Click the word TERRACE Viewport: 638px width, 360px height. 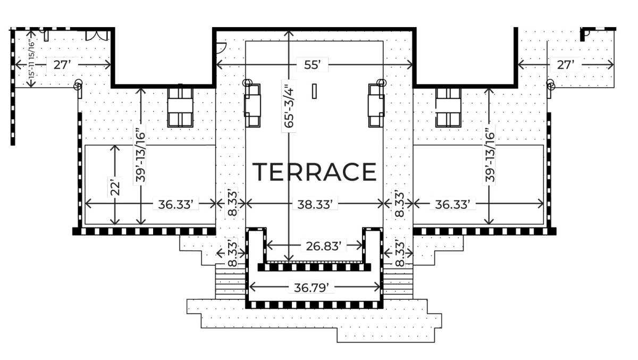click(x=314, y=172)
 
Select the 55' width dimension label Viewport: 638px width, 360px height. click(x=313, y=65)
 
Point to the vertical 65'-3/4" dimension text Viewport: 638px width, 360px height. click(x=289, y=106)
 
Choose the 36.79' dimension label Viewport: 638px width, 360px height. click(x=315, y=288)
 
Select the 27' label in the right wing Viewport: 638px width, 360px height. click(x=566, y=65)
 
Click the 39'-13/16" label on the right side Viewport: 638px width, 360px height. click(x=489, y=155)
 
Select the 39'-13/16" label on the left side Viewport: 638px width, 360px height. click(x=140, y=155)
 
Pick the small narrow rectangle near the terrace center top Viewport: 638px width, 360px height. click(x=315, y=91)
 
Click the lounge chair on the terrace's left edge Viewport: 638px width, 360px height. click(x=253, y=105)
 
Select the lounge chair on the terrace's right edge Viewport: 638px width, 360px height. click(x=376, y=105)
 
